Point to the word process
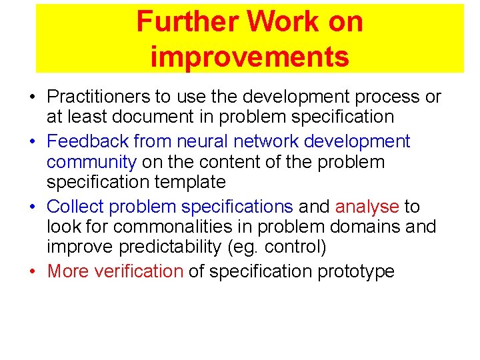[389, 97]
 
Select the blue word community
[91, 162]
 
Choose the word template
[193, 181]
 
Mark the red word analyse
[367, 207]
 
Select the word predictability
[170, 247]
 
